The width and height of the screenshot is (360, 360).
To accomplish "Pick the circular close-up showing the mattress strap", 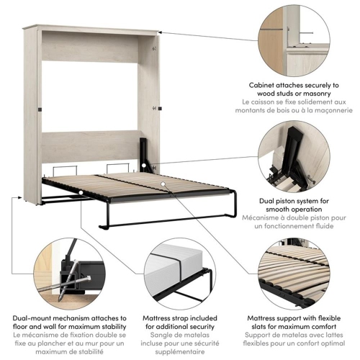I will [179, 272].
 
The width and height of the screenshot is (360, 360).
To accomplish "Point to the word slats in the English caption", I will [267, 327].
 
